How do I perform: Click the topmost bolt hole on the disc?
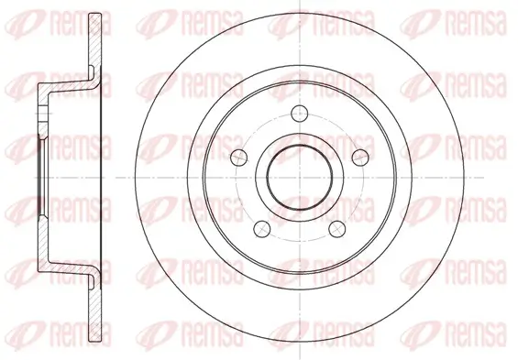tap(299, 114)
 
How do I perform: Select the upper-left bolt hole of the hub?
tap(239, 158)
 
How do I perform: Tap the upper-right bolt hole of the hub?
tap(360, 158)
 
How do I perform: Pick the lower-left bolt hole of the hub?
tap(262, 228)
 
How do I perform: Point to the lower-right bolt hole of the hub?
tap(337, 228)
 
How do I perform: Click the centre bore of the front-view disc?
tap(300, 177)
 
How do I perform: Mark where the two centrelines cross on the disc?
tap(300, 178)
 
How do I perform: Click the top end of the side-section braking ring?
tap(95, 14)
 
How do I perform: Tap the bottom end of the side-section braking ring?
tap(95, 341)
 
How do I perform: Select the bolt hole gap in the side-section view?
tap(43, 114)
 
